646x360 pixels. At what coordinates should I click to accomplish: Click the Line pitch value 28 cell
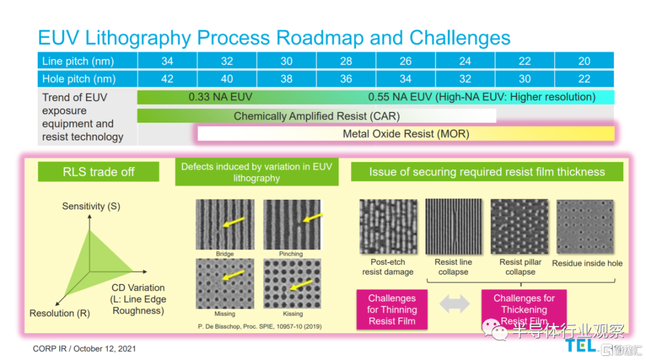[346, 61]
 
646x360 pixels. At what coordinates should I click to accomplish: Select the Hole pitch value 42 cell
[167, 79]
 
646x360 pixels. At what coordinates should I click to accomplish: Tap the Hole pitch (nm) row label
[78, 79]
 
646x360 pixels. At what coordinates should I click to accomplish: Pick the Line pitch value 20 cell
[584, 61]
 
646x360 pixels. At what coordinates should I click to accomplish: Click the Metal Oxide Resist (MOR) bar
[406, 134]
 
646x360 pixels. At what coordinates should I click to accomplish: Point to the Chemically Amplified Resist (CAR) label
[316, 116]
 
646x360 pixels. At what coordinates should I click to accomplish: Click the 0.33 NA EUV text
[220, 97]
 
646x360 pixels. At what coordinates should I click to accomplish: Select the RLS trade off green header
[99, 172]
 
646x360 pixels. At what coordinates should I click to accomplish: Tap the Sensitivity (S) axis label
[91, 206]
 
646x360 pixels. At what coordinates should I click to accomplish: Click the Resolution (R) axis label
[60, 313]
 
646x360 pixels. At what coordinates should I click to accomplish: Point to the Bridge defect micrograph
[225, 224]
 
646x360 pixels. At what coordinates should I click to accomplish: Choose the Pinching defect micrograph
[292, 224]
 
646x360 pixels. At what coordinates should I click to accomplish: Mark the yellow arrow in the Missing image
[229, 274]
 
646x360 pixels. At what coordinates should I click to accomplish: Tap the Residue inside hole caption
[587, 263]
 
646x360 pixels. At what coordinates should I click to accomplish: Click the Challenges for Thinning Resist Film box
[392, 310]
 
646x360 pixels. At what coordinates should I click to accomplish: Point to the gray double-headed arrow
[455, 304]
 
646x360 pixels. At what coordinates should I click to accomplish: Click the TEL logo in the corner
[581, 346]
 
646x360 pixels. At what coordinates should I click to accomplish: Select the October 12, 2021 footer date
[105, 348]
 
